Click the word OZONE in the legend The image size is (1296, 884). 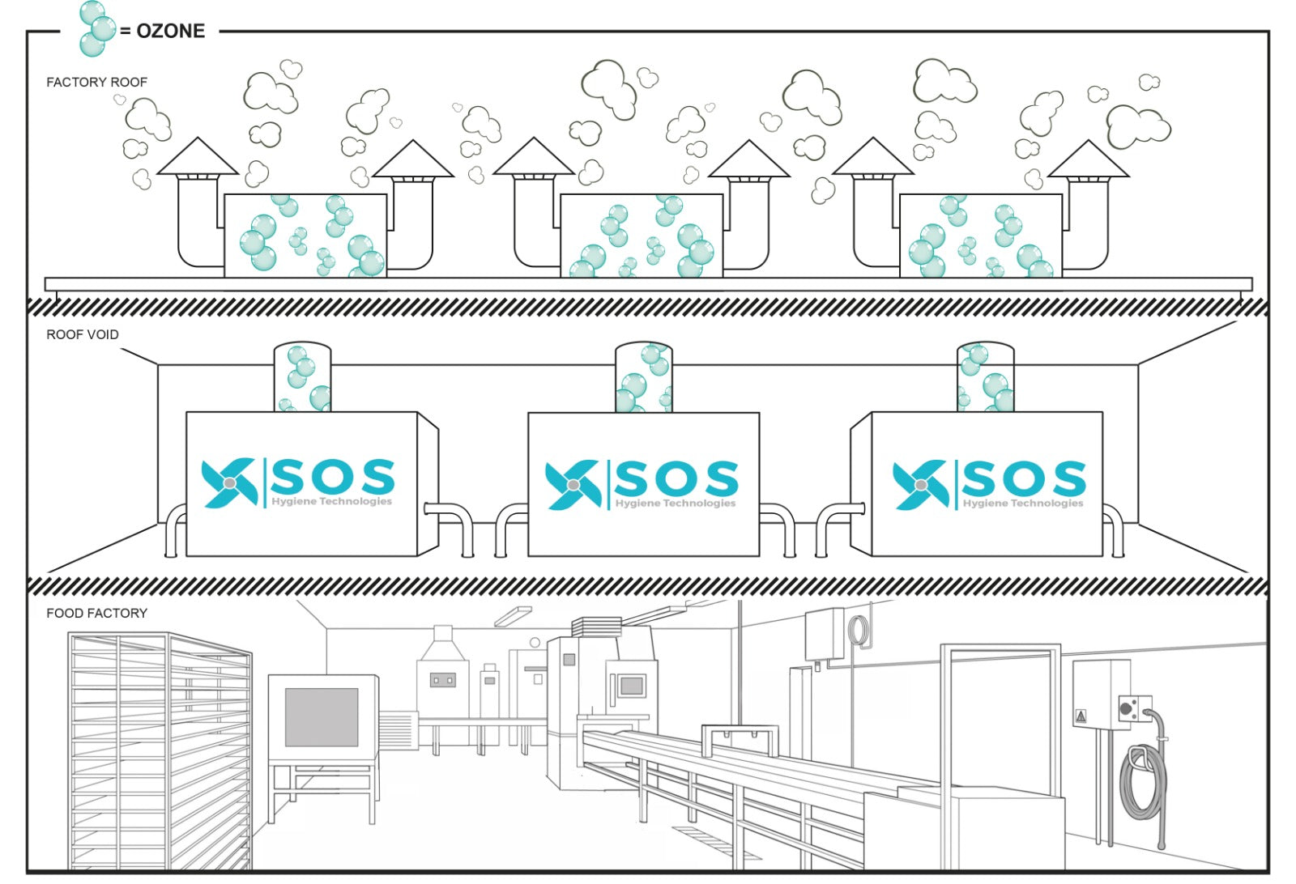(170, 31)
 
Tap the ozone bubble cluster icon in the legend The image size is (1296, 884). (96, 29)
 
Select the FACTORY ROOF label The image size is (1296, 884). (96, 82)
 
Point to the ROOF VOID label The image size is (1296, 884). (82, 334)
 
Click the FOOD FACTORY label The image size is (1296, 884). (96, 613)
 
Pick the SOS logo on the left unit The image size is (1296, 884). (298, 483)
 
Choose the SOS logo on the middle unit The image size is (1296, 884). (642, 484)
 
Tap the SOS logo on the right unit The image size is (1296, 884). (989, 484)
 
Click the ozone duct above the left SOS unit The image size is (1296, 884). (302, 377)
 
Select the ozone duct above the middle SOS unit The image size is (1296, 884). (644, 377)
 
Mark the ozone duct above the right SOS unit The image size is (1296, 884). (985, 377)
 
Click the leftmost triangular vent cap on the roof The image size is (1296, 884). (197, 158)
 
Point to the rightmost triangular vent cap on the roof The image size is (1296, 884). (1088, 160)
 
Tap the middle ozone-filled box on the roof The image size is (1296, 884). (642, 236)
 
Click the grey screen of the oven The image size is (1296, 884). (322, 716)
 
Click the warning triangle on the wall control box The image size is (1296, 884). (1080, 716)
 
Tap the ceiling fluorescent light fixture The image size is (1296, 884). (513, 616)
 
